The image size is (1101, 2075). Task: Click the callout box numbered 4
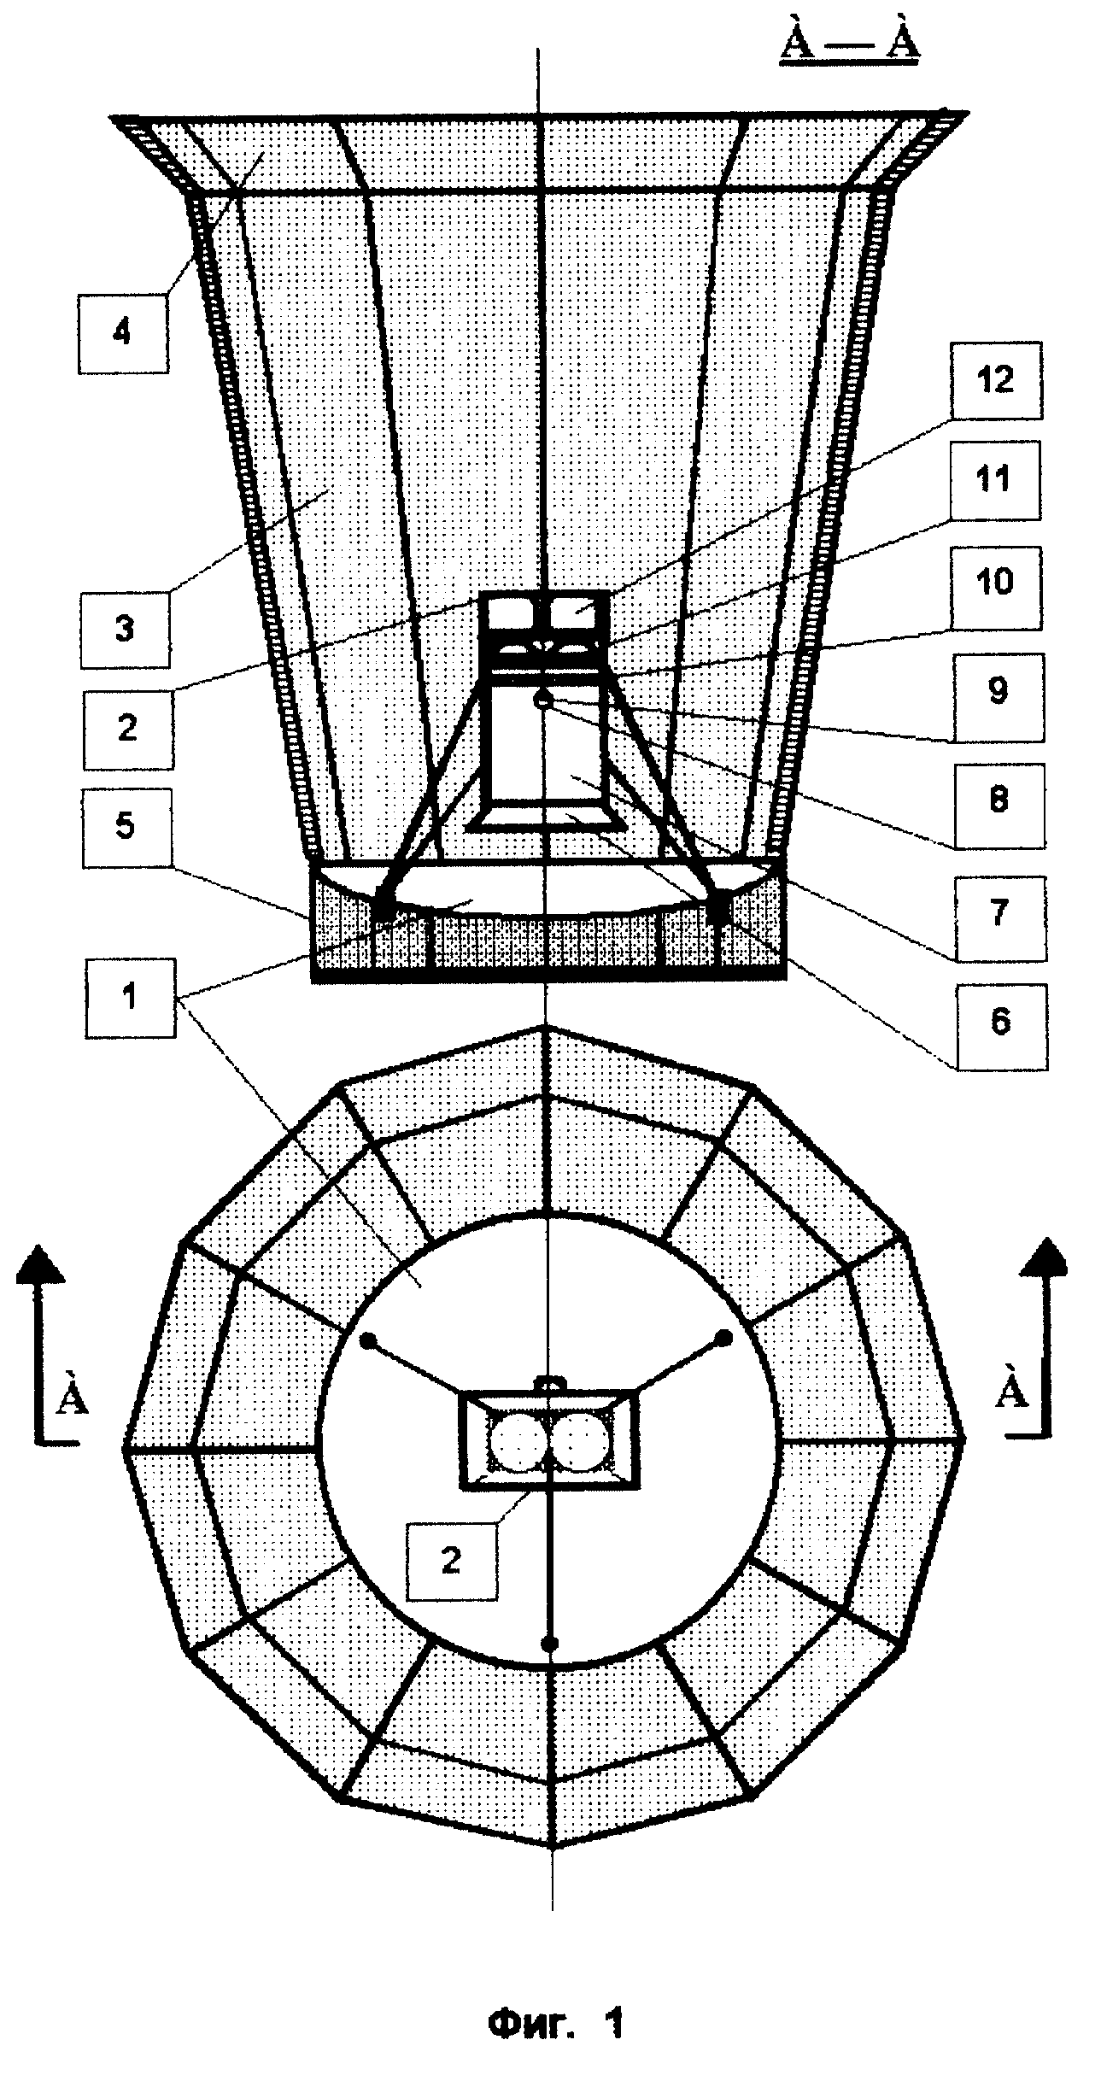point(123,332)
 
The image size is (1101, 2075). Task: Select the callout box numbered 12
point(996,381)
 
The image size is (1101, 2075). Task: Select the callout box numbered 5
point(126,829)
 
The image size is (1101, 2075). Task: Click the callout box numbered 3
point(126,628)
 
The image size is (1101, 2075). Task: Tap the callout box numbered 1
point(130,998)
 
